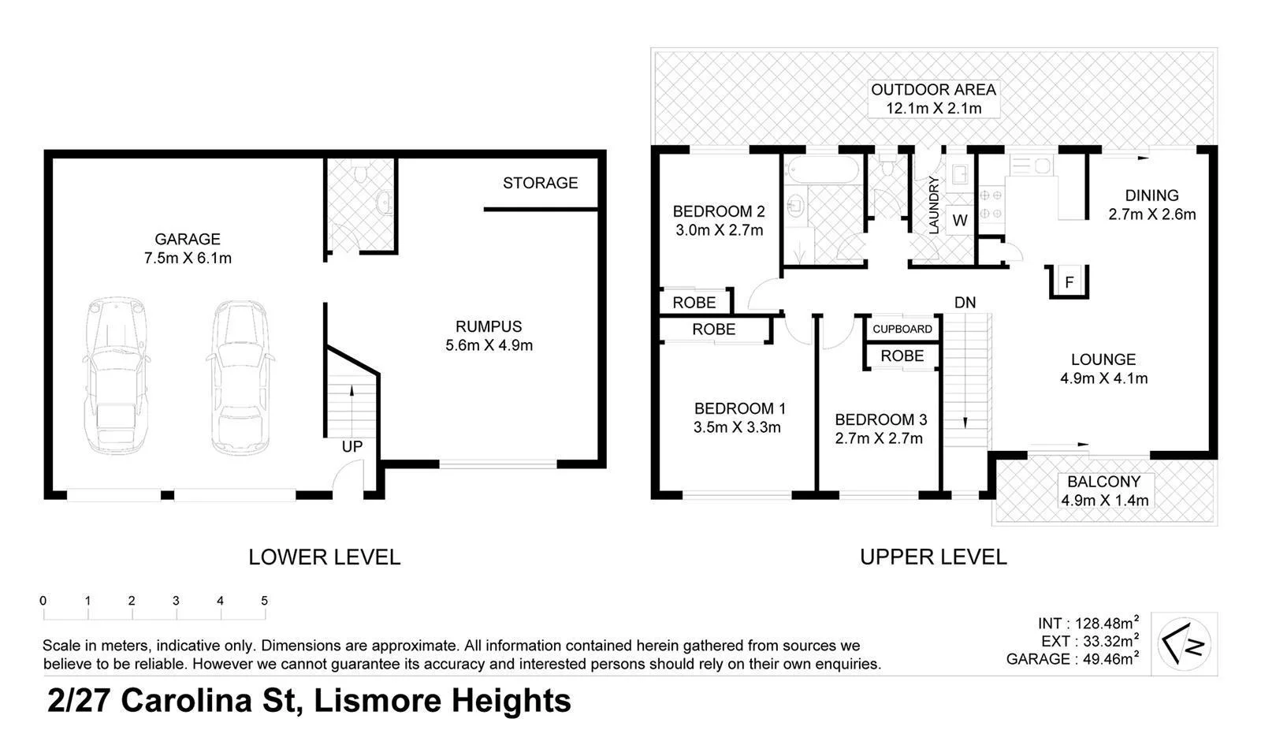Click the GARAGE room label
pos(187,239)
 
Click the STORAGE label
pos(540,183)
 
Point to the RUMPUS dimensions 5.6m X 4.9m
pos(489,345)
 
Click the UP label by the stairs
pos(352,446)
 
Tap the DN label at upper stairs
pos(965,303)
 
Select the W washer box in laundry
pos(959,221)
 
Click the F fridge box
pos(1069,282)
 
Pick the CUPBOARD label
pos(902,329)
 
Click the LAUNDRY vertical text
pos(934,205)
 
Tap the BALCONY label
pos(1103,482)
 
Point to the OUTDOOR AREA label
pos(933,90)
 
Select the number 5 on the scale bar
pos(264,601)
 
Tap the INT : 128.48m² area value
pos(1088,624)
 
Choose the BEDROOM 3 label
pos(880,419)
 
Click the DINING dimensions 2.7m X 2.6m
pos(1151,214)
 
